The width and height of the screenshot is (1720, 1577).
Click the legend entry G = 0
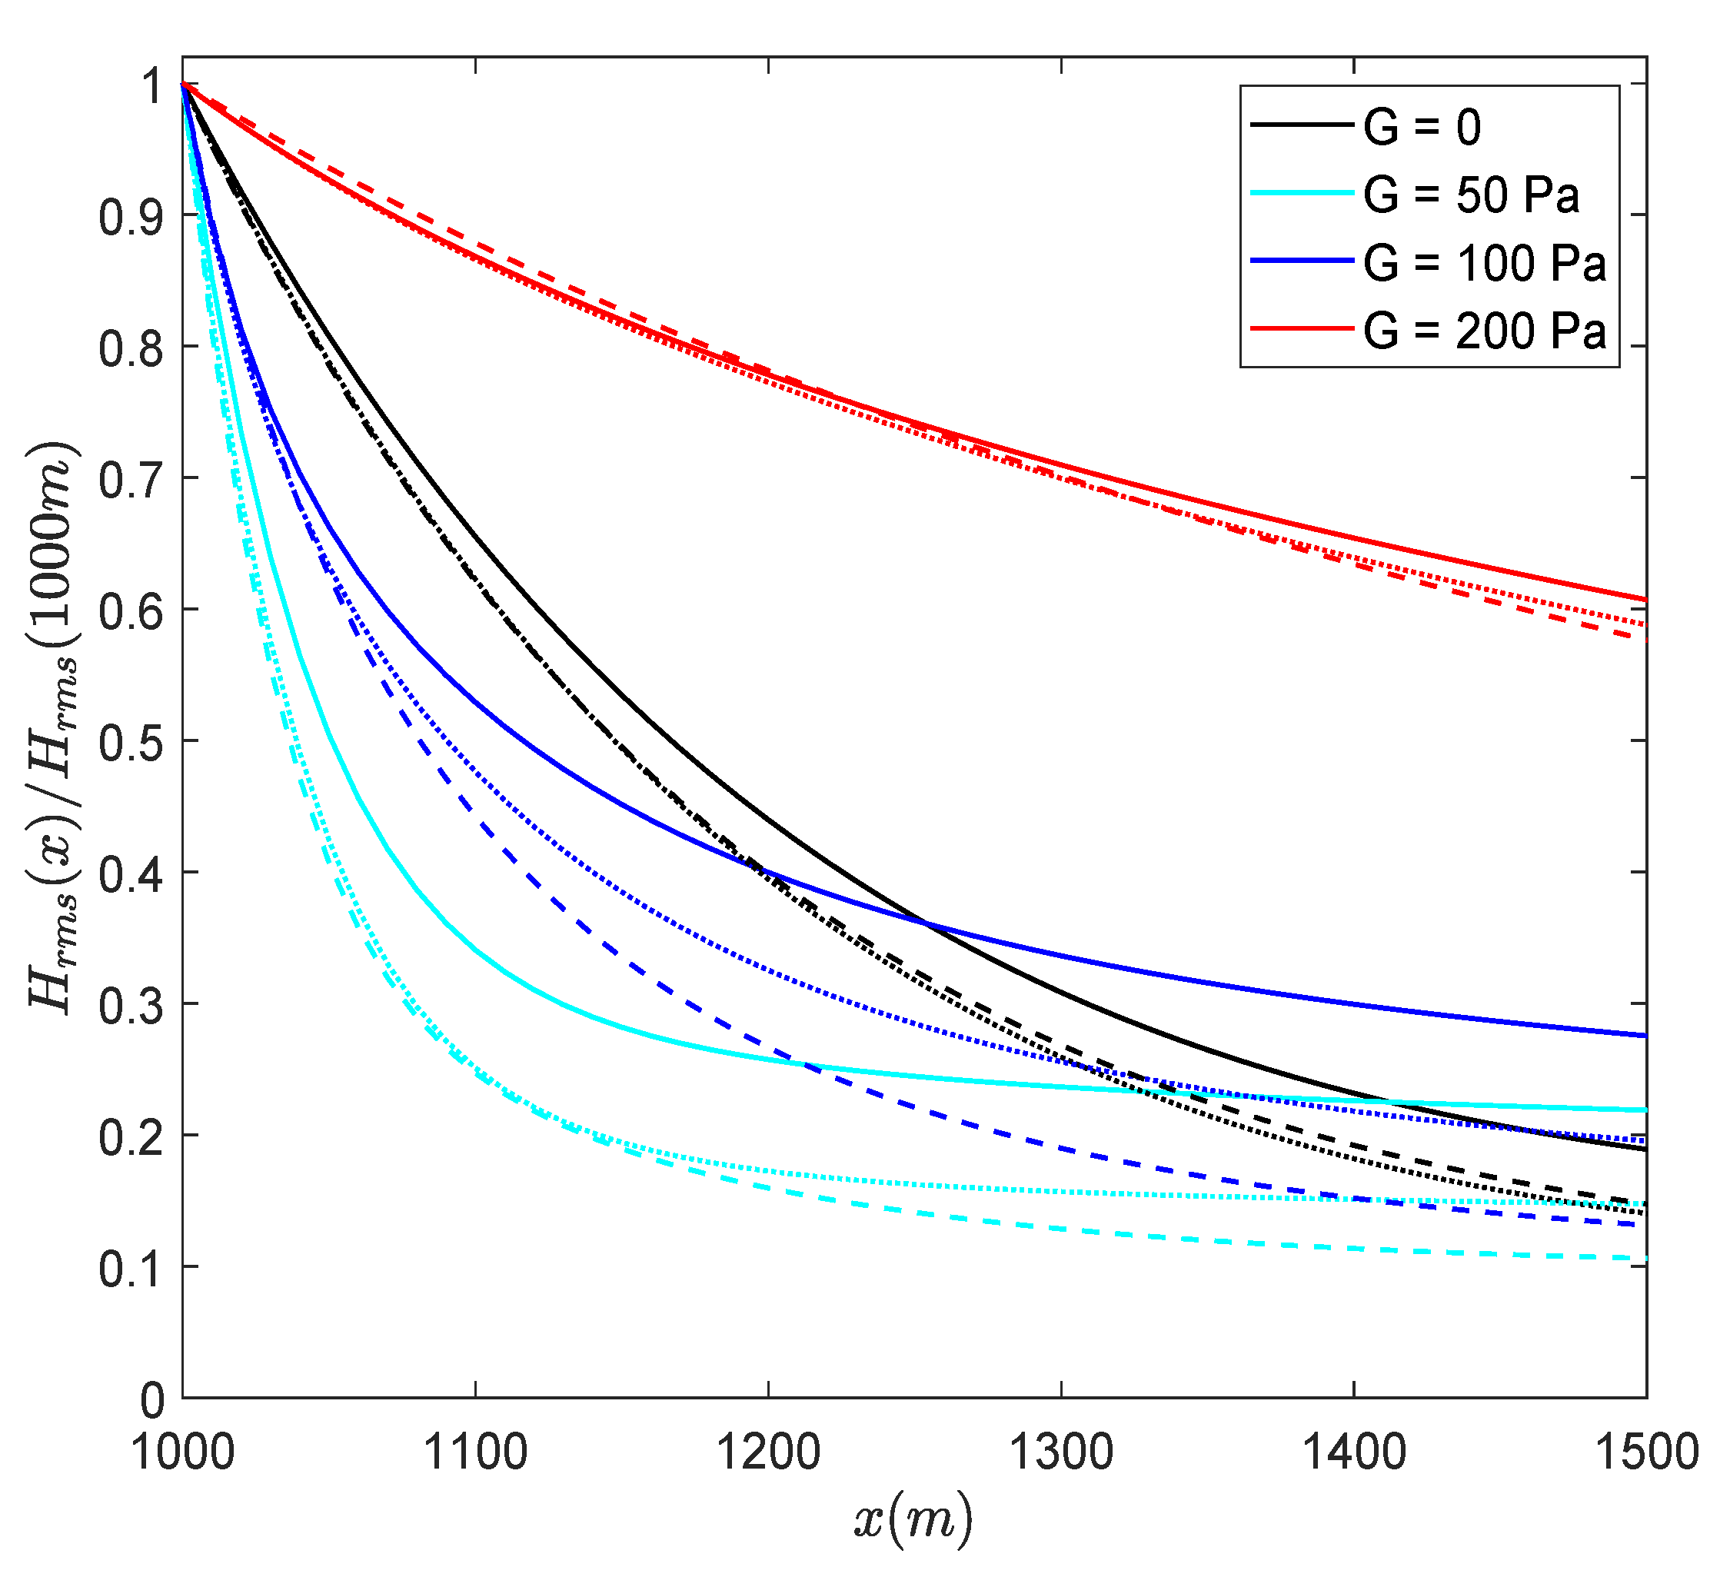pyautogui.click(x=1422, y=127)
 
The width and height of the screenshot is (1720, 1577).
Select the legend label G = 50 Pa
pyautogui.click(x=1471, y=195)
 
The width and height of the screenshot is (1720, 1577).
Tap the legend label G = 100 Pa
pyautogui.click(x=1485, y=262)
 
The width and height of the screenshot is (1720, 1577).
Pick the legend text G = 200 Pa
pyautogui.click(x=1485, y=331)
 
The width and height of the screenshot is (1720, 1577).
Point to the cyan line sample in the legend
pyautogui.click(x=1302, y=194)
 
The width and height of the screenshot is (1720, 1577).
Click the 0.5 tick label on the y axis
pyautogui.click(x=131, y=741)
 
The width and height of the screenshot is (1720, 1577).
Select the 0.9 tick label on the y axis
pyautogui.click(x=131, y=217)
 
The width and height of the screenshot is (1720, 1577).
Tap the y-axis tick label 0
pyautogui.click(x=152, y=1400)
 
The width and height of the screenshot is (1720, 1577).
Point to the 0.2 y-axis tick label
pyautogui.click(x=131, y=1136)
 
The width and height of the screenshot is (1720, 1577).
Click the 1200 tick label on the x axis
pyautogui.click(x=768, y=1451)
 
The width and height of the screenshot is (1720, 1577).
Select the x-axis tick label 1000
pyautogui.click(x=182, y=1451)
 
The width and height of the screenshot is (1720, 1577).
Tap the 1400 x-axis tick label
pyautogui.click(x=1354, y=1451)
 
